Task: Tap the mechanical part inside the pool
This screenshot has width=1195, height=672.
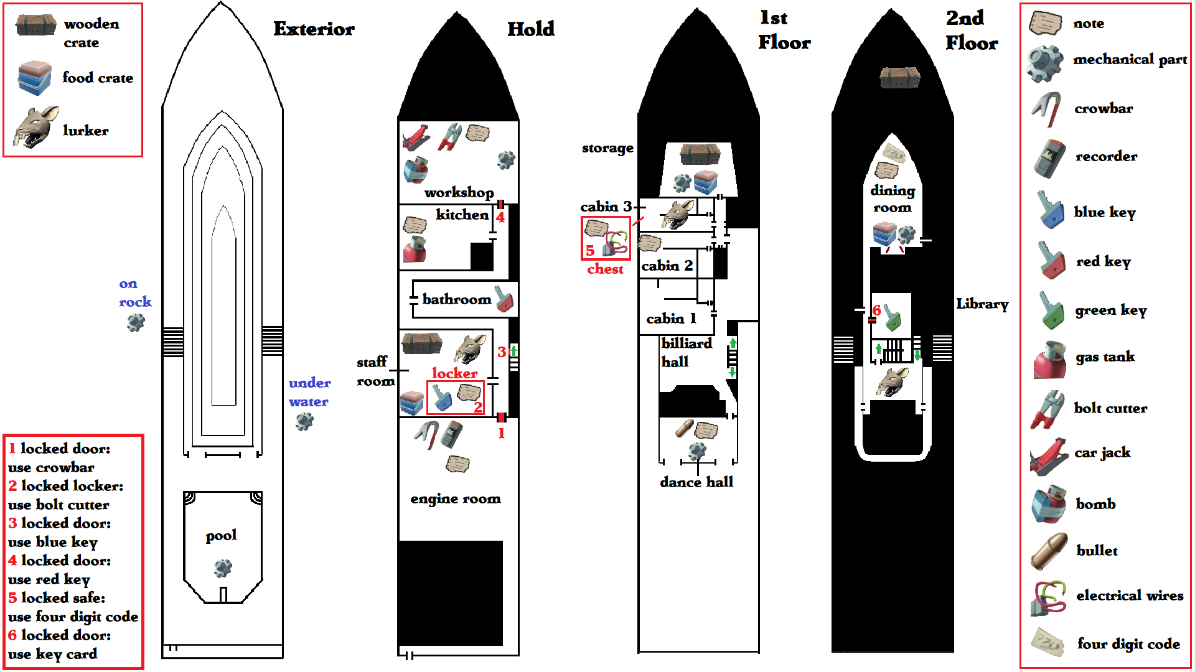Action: pyautogui.click(x=223, y=567)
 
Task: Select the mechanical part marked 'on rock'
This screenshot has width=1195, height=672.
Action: pyautogui.click(x=136, y=322)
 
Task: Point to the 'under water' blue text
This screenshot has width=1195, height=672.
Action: pyautogui.click(x=309, y=392)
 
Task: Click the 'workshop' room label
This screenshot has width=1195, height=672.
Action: pyautogui.click(x=459, y=193)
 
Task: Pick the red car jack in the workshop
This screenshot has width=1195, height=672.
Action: pyautogui.click(x=415, y=138)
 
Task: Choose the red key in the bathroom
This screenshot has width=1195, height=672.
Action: pyautogui.click(x=504, y=299)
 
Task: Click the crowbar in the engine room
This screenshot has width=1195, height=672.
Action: pyautogui.click(x=427, y=435)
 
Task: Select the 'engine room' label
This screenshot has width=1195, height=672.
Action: pyautogui.click(x=456, y=499)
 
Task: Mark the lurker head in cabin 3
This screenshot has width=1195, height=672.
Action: pyautogui.click(x=677, y=214)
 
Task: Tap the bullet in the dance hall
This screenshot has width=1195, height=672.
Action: pyautogui.click(x=684, y=429)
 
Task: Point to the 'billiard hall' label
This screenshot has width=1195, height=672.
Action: pyautogui.click(x=687, y=352)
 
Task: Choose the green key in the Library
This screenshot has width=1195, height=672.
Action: pyautogui.click(x=893, y=317)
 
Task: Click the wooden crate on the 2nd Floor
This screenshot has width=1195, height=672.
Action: pyautogui.click(x=900, y=78)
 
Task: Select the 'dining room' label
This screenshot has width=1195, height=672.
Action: pyautogui.click(x=893, y=198)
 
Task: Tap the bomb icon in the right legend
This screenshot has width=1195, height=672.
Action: pyautogui.click(x=1049, y=504)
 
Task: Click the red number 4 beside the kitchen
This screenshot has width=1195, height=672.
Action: pyautogui.click(x=500, y=217)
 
